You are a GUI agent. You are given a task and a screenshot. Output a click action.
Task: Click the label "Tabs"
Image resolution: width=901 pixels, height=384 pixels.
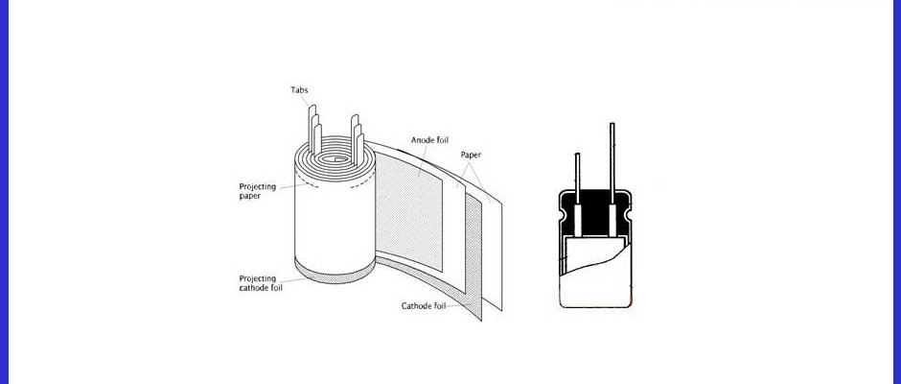(x=299, y=90)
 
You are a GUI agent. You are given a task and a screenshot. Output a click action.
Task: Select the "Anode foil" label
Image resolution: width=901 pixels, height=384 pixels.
(x=429, y=140)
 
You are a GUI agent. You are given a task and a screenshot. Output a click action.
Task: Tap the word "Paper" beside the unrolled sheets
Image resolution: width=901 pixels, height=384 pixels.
(x=471, y=155)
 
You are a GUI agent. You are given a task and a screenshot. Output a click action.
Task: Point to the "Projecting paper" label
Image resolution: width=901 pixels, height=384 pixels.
(x=258, y=191)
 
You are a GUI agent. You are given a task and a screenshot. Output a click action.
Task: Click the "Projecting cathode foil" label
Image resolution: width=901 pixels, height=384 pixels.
(x=261, y=282)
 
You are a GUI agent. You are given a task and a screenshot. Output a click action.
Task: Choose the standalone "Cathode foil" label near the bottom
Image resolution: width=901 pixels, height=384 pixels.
(x=424, y=305)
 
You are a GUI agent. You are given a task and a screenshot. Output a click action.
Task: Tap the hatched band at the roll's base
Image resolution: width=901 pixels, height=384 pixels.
(x=335, y=273)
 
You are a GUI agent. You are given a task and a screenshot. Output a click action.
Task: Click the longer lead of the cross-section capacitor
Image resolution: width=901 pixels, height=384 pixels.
(x=612, y=163)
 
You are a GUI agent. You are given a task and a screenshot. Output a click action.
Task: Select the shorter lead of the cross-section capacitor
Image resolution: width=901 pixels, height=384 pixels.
(x=577, y=179)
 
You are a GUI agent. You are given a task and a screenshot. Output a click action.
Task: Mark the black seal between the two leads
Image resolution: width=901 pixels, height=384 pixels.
(x=594, y=213)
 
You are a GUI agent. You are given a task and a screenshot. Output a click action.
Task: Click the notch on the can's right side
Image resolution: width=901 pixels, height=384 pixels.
(x=629, y=215)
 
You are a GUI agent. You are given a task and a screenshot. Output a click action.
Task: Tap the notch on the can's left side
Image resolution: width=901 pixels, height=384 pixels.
(x=562, y=215)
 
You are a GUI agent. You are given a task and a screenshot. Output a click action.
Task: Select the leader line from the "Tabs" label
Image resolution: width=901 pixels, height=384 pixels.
(x=306, y=101)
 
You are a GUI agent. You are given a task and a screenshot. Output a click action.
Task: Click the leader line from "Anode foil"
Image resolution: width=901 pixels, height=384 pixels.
(x=423, y=160)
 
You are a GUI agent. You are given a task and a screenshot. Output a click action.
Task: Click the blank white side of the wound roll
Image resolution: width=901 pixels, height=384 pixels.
(x=335, y=222)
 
